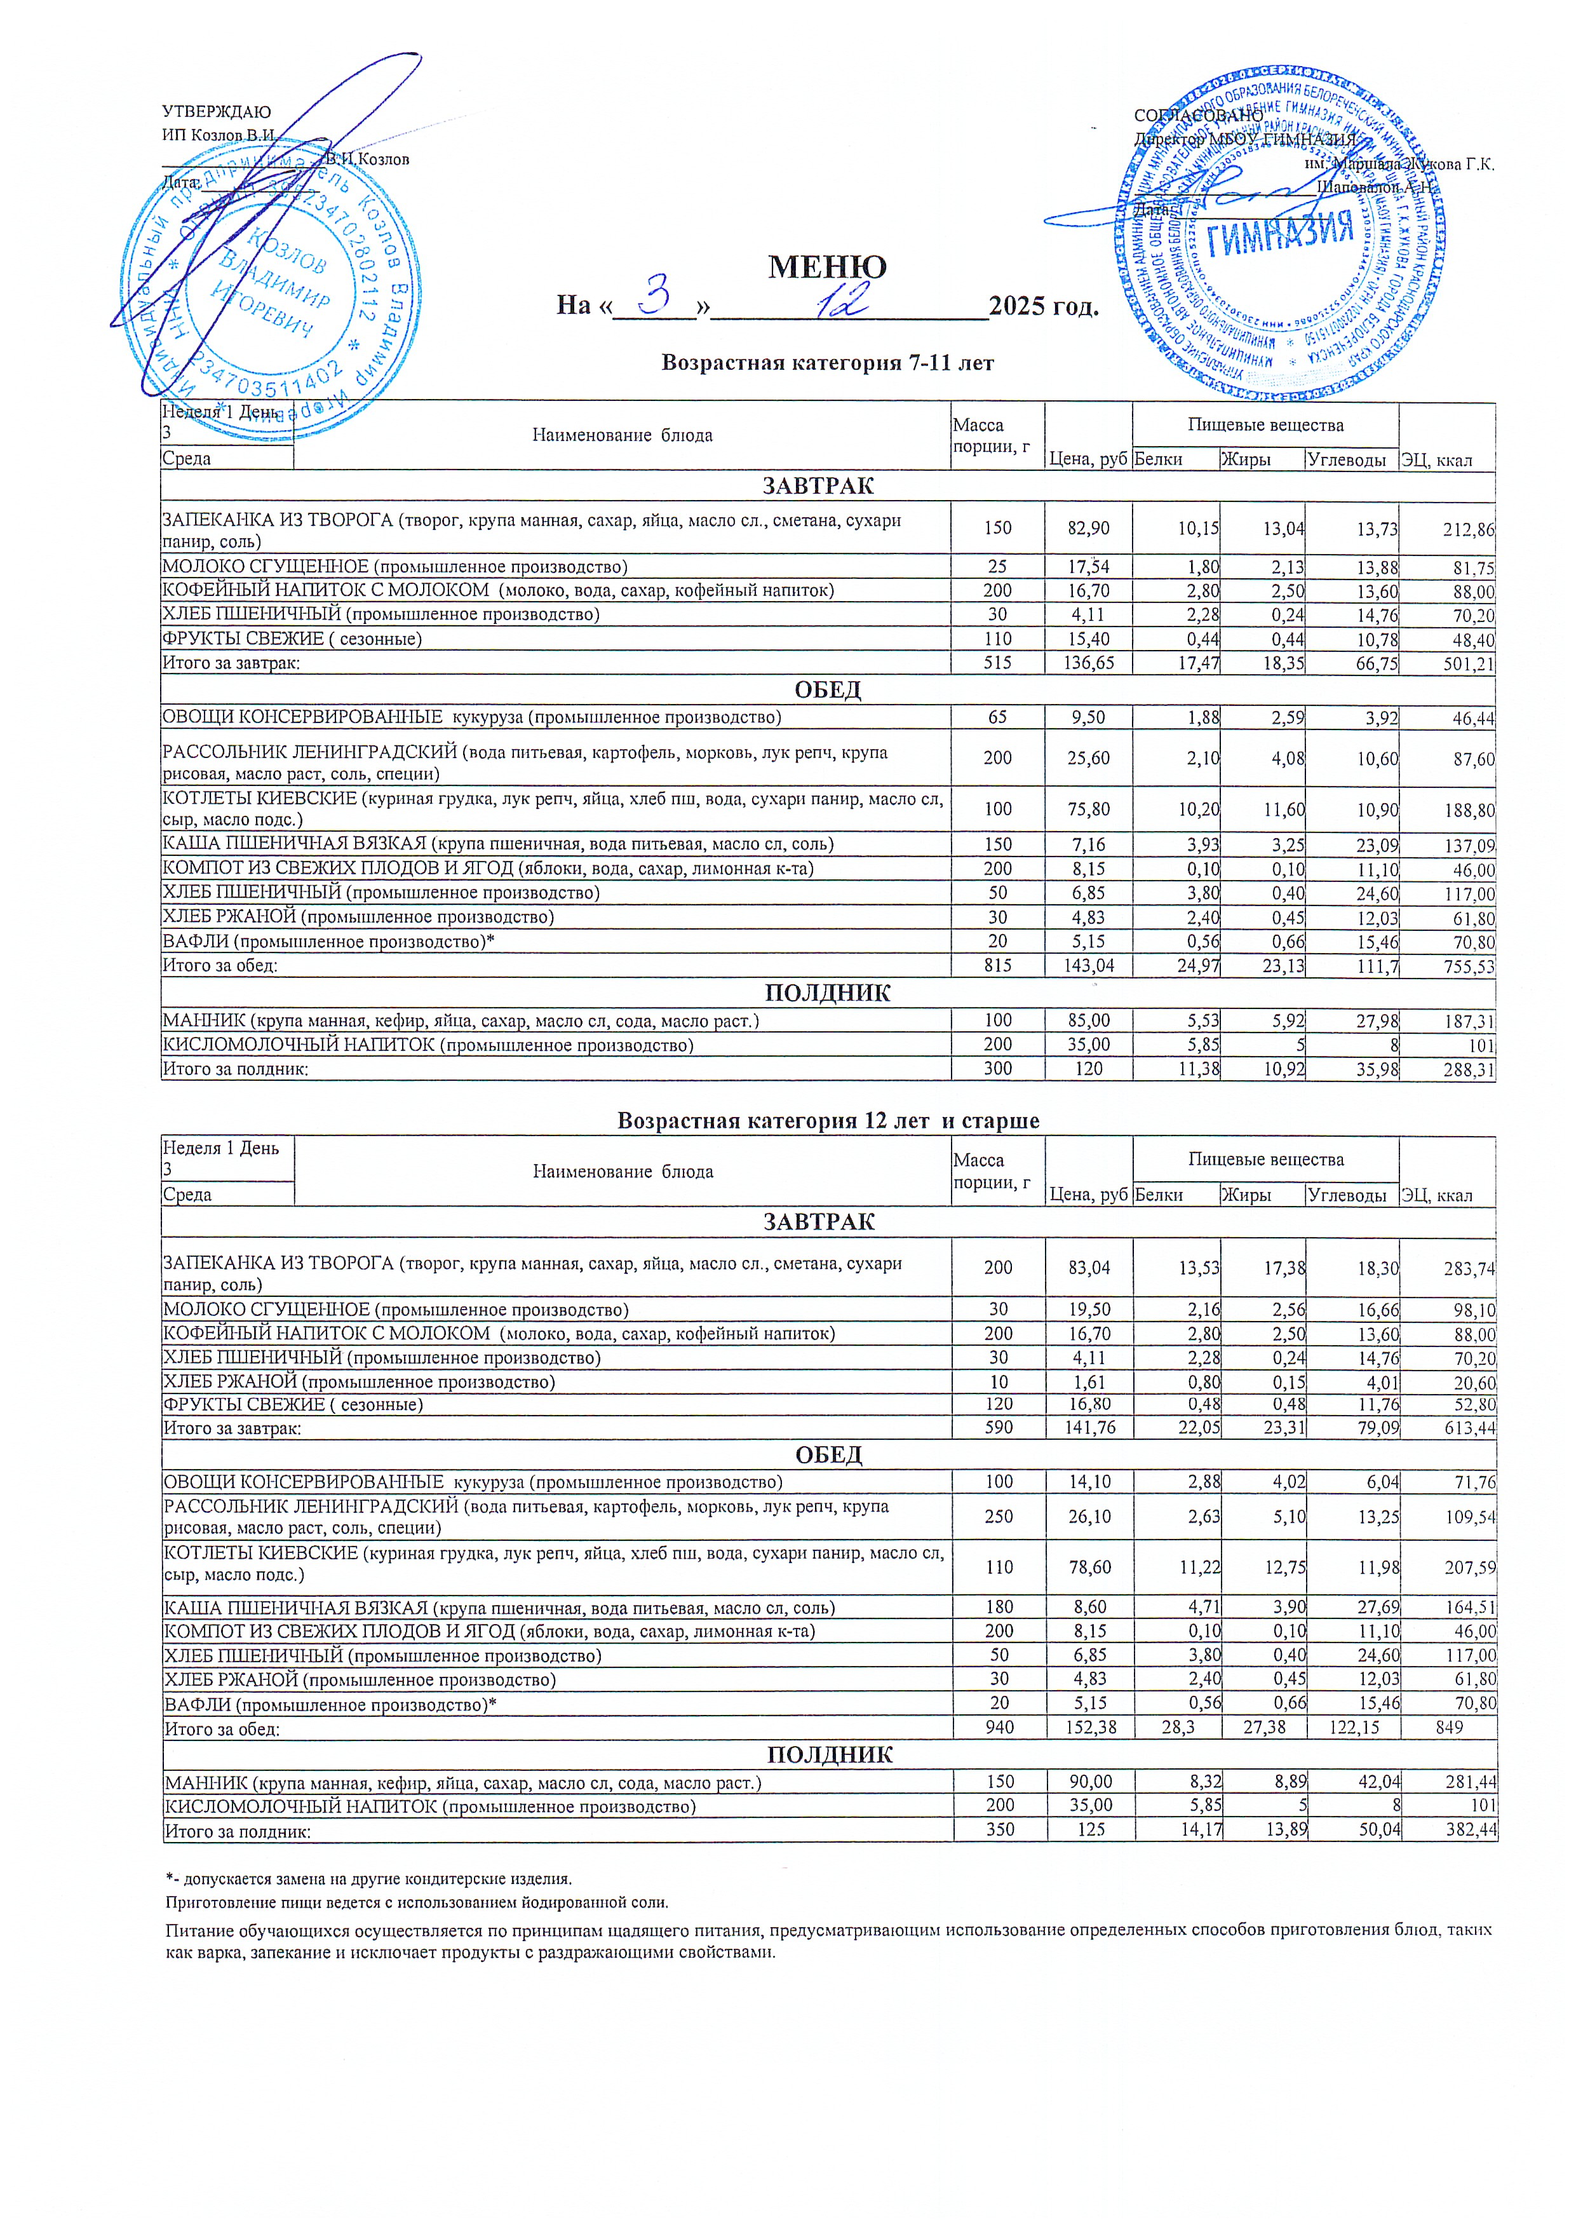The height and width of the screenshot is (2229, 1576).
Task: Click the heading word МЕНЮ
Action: pos(827,267)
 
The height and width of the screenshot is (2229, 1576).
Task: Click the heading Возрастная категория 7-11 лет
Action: pos(827,363)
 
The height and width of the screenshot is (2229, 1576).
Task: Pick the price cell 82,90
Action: pos(1088,528)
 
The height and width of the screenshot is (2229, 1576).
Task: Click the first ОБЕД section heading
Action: pos(827,690)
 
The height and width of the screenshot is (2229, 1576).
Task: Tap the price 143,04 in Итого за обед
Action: pos(1088,966)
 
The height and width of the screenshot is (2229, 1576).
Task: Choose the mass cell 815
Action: pos(997,966)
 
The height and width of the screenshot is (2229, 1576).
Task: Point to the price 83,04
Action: pos(1089,1267)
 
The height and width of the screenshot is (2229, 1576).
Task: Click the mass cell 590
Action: pos(997,1428)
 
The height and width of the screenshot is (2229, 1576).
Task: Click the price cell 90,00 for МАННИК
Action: pos(1090,1782)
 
